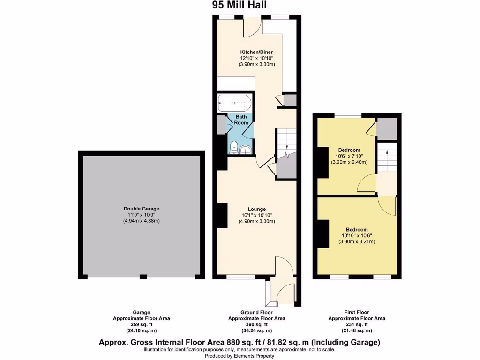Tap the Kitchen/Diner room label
coord(256,52)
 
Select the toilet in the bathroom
coord(233,149)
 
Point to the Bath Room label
coord(241,120)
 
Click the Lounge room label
coord(256,209)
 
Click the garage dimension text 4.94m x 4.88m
coord(142,221)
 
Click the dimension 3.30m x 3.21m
coord(357,242)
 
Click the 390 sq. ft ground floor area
coord(256,324)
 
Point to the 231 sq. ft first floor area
coord(356,324)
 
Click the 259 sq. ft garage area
coord(141,324)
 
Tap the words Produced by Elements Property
coord(240,355)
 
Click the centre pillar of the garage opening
coord(143,277)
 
